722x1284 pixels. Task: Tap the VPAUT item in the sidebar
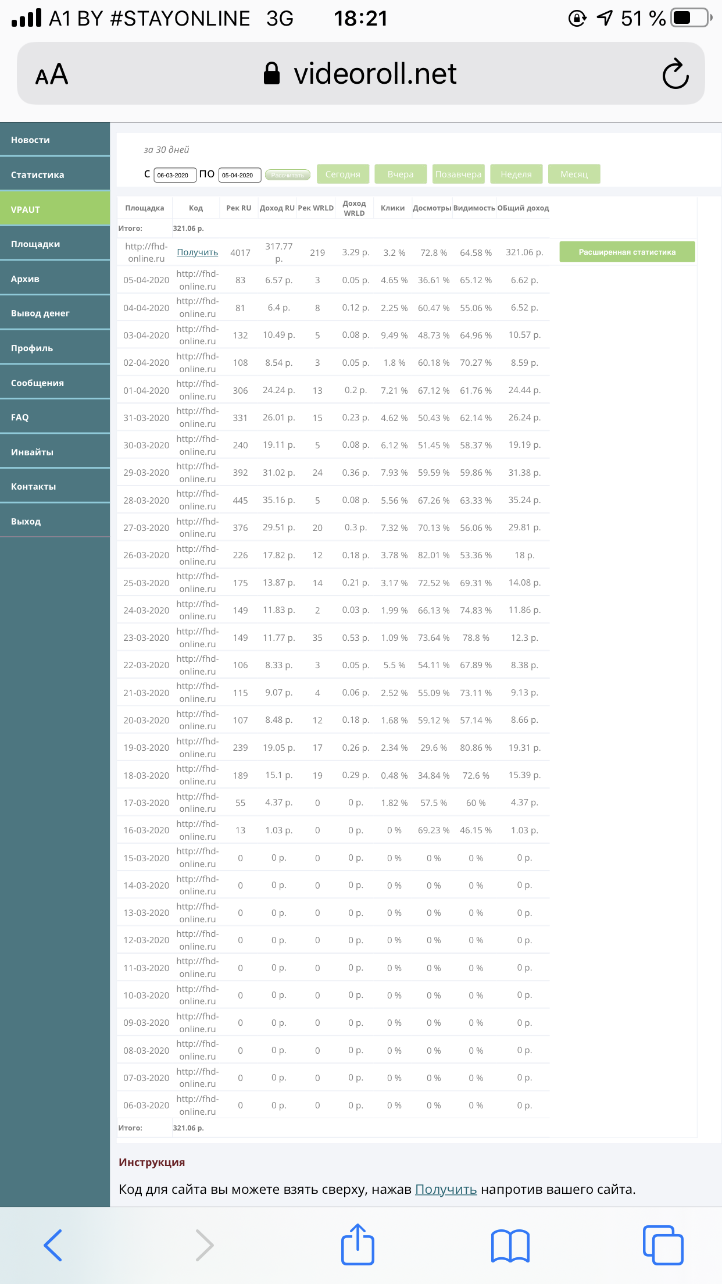[55, 209]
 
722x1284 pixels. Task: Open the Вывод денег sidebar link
[55, 313]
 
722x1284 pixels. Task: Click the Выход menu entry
[55, 521]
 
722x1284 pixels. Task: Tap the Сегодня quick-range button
[342, 174]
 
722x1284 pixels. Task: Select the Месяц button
[574, 174]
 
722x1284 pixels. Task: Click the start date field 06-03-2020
[174, 174]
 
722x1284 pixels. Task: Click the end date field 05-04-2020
[239, 174]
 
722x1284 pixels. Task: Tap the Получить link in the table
[197, 252]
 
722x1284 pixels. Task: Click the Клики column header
[392, 208]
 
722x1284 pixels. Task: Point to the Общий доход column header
[523, 208]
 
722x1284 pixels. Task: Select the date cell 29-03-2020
[146, 472]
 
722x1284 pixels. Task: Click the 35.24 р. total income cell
[524, 500]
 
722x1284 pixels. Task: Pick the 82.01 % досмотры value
[433, 555]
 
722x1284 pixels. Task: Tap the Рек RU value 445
[240, 500]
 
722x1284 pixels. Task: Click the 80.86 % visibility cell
[476, 747]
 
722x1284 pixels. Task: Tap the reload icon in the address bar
[675, 74]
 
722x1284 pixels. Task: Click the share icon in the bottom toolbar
[357, 1244]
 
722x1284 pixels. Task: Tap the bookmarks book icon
[510, 1246]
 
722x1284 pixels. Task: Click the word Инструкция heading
[152, 1162]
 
